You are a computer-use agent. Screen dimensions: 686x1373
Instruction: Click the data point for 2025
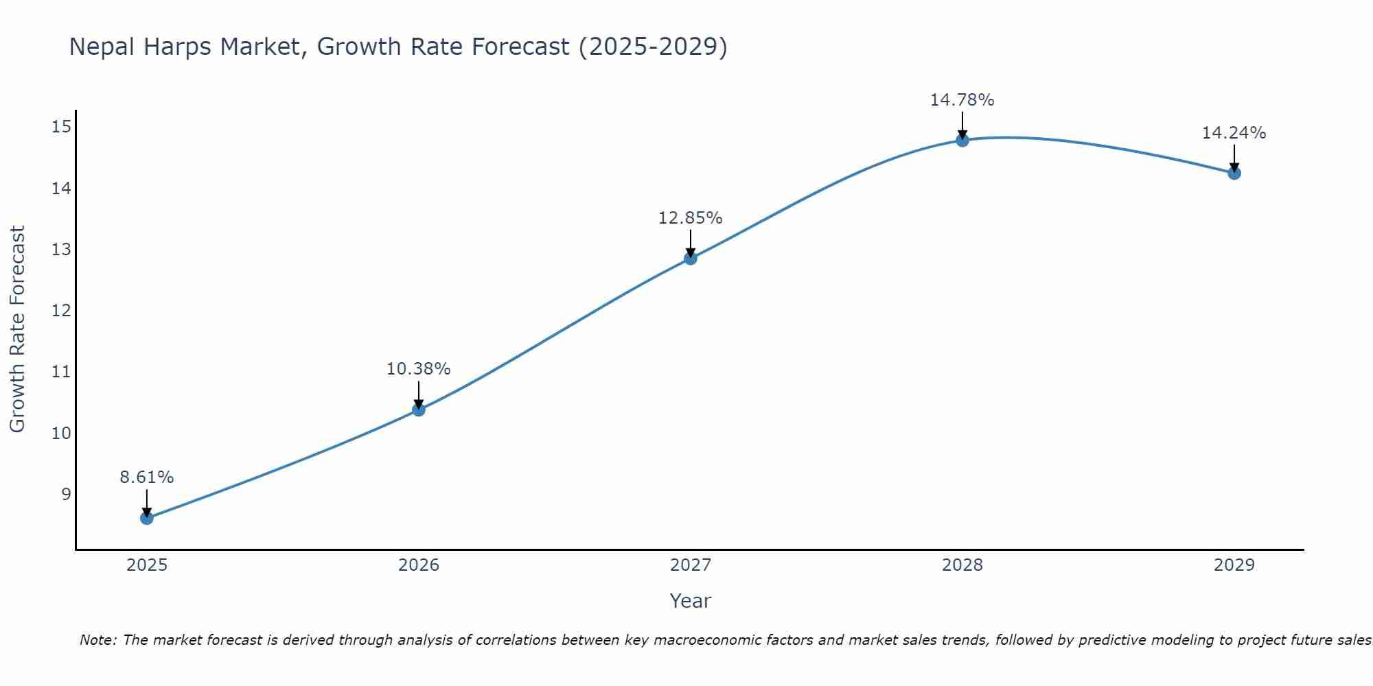[147, 518]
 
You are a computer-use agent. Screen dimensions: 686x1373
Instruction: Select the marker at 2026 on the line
[419, 410]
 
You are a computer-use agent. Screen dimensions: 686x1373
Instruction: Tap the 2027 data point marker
[691, 258]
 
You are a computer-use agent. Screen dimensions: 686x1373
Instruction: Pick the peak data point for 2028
[962, 140]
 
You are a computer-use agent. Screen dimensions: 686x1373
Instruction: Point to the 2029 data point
[1234, 173]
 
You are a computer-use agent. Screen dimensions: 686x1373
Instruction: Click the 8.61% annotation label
[147, 477]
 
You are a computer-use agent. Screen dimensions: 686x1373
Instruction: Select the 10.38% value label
[419, 369]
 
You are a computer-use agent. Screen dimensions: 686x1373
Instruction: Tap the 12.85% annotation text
[691, 218]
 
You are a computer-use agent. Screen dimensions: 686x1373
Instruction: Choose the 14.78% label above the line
[962, 100]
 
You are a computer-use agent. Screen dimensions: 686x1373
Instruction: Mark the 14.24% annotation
[1234, 133]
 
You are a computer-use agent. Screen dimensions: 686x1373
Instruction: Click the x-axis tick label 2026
[419, 565]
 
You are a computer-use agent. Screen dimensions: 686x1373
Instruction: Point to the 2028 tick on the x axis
[962, 565]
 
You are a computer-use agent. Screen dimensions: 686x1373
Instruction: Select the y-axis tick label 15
[61, 126]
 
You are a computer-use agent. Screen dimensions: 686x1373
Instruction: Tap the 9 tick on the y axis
[66, 494]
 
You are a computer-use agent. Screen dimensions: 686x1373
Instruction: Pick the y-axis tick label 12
[61, 311]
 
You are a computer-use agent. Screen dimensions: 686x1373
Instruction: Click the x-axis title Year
[691, 601]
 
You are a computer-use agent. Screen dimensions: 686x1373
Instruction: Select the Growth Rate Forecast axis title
[17, 329]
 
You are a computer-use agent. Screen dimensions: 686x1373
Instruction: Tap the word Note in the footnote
[98, 640]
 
